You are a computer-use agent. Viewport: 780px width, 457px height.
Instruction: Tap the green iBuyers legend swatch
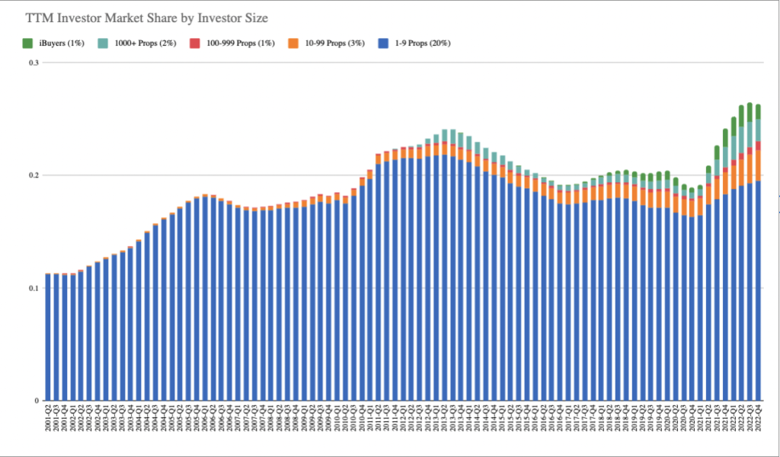point(28,43)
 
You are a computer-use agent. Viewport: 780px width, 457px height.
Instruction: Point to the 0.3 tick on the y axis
point(33,63)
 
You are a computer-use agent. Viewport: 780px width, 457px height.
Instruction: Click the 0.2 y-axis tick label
point(33,175)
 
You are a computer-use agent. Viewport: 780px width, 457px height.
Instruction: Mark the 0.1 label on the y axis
point(33,288)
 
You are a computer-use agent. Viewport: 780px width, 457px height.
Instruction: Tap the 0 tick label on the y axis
point(37,401)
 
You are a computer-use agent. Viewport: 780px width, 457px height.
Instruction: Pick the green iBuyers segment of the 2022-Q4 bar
point(758,111)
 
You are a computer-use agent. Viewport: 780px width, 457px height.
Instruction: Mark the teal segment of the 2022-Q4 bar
point(758,130)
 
